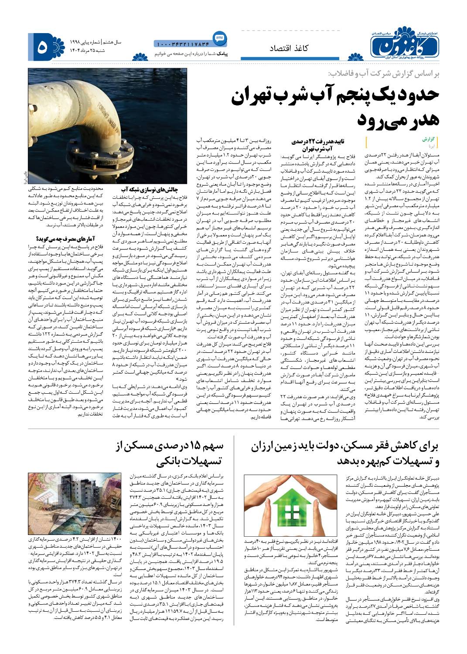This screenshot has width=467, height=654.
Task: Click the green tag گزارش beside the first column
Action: [x=429, y=140]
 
